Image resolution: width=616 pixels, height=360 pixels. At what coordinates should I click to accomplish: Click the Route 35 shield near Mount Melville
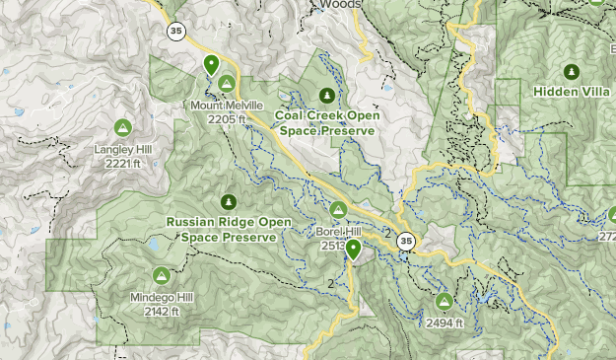click(176, 32)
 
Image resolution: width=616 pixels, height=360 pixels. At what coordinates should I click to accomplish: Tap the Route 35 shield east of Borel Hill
click(406, 241)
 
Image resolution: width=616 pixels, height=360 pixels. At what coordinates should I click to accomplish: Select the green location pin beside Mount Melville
click(211, 65)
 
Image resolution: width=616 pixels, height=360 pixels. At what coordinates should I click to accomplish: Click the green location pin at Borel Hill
click(353, 249)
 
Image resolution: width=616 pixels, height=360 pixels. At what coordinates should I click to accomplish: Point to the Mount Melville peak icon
click(227, 84)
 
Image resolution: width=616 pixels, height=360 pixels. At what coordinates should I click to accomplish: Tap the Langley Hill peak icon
click(122, 127)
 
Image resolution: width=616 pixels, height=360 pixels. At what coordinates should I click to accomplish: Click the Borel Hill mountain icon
click(338, 209)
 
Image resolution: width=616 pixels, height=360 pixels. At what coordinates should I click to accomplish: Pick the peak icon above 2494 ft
click(444, 300)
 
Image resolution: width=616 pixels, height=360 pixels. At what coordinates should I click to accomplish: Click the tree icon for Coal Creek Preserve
click(327, 95)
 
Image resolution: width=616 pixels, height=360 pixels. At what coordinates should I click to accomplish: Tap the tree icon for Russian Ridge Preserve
click(229, 201)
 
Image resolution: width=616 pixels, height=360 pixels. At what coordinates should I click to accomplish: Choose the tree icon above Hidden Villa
click(571, 72)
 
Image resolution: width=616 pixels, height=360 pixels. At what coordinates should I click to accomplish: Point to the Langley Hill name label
click(122, 149)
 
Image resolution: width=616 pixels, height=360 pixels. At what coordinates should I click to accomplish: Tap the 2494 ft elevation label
click(445, 323)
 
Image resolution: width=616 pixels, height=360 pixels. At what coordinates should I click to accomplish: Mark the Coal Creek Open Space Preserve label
click(328, 122)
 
